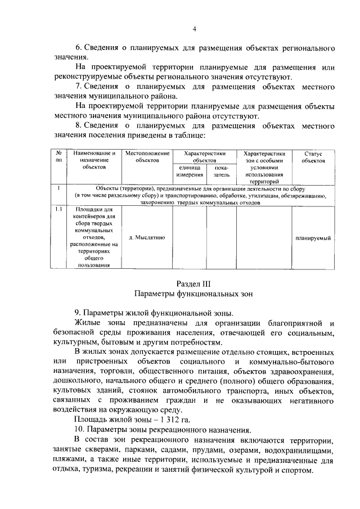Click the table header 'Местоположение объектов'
[147, 157]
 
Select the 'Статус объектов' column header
[313, 157]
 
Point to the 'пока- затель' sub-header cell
[218, 172]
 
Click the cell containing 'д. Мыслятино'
[147, 238]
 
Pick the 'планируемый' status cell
[313, 238]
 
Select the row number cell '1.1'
[58, 209]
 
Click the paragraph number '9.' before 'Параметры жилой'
[78, 312]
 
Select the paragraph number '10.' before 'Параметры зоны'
[80, 430]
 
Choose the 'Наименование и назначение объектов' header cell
[93, 160]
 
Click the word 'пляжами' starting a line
[66, 460]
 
